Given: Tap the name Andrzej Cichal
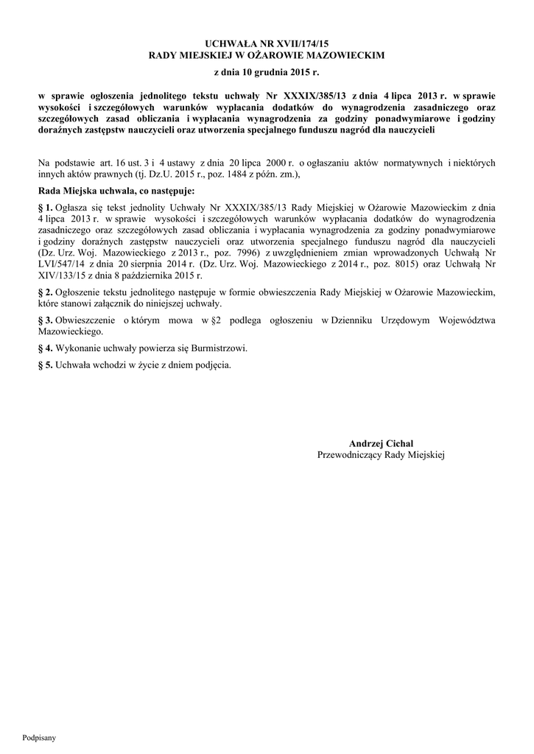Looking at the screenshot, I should pyautogui.click(x=381, y=443).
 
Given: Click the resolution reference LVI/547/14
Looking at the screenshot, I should pyautogui.click(x=61, y=264).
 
